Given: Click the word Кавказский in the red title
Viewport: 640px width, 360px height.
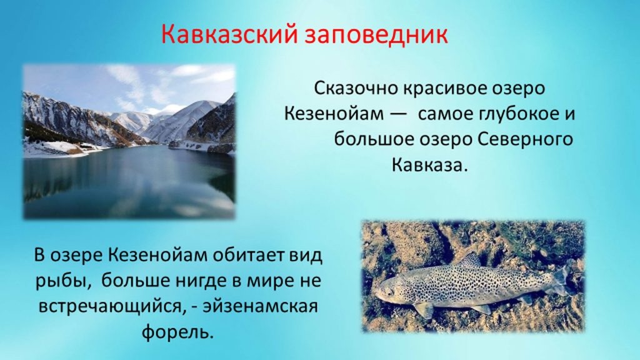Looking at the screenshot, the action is (x=229, y=34).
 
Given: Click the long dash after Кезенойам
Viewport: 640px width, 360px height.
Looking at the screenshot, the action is (x=398, y=115).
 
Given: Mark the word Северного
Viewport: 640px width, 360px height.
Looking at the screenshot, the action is (x=524, y=140).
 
